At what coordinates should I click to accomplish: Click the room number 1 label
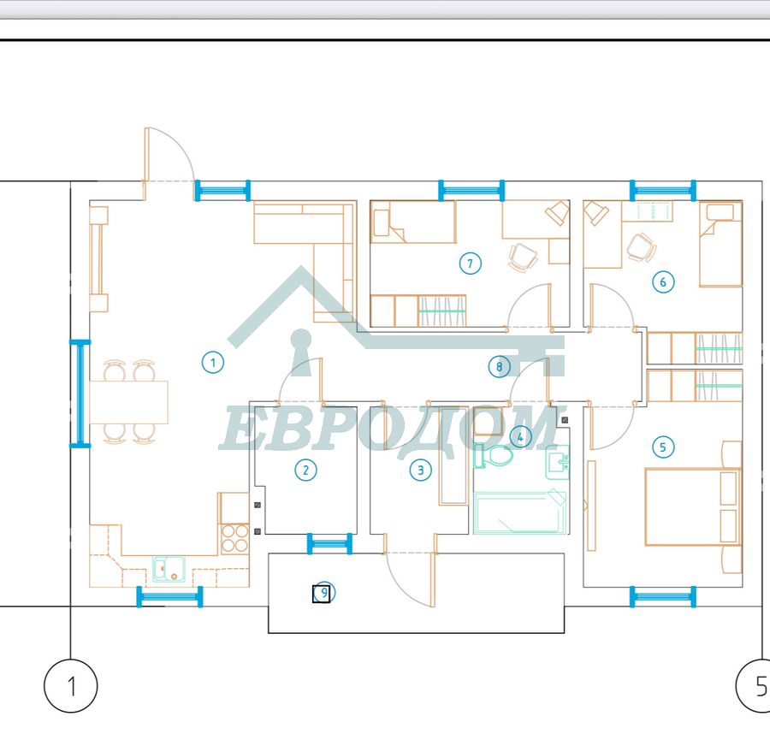tap(213, 363)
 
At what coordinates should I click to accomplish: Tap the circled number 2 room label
tap(306, 470)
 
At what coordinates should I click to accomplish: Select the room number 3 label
tap(420, 470)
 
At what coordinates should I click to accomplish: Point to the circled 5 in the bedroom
tap(663, 447)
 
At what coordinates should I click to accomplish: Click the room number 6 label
tap(663, 282)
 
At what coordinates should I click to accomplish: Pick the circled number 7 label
tap(470, 263)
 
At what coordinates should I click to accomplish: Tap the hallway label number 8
tap(499, 367)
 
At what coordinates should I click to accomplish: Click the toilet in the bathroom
tap(494, 456)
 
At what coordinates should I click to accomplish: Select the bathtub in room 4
tap(519, 512)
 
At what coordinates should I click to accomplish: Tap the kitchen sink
tap(169, 569)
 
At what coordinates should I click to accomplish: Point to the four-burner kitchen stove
tap(234, 539)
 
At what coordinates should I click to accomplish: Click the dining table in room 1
tap(128, 402)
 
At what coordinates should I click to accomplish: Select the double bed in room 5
tap(693, 506)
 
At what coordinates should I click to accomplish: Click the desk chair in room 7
tap(524, 258)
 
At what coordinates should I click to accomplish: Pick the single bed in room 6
tap(720, 244)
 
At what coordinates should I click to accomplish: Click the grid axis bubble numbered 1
tap(71, 686)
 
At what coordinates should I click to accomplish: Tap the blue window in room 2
tap(329, 544)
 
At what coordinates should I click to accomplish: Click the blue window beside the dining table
tap(80, 394)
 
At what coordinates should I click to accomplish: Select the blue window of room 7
tap(471, 191)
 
